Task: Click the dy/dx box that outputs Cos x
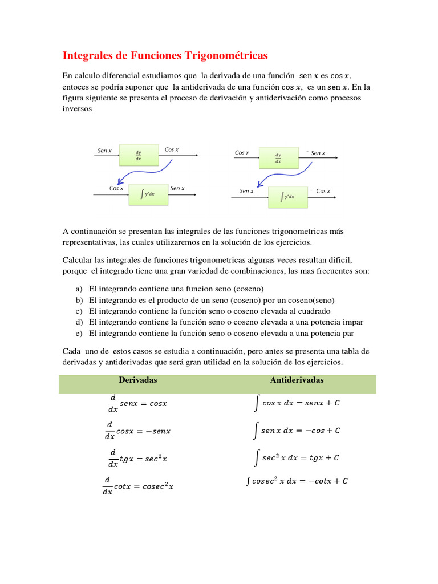138,156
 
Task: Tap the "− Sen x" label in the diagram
315,153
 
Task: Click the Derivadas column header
137,380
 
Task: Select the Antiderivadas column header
297,380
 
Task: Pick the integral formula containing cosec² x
297,481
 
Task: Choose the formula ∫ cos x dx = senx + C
297,403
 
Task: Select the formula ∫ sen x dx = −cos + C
297,431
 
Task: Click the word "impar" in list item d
352,322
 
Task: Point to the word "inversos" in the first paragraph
76,108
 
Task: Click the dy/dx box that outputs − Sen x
278,157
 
